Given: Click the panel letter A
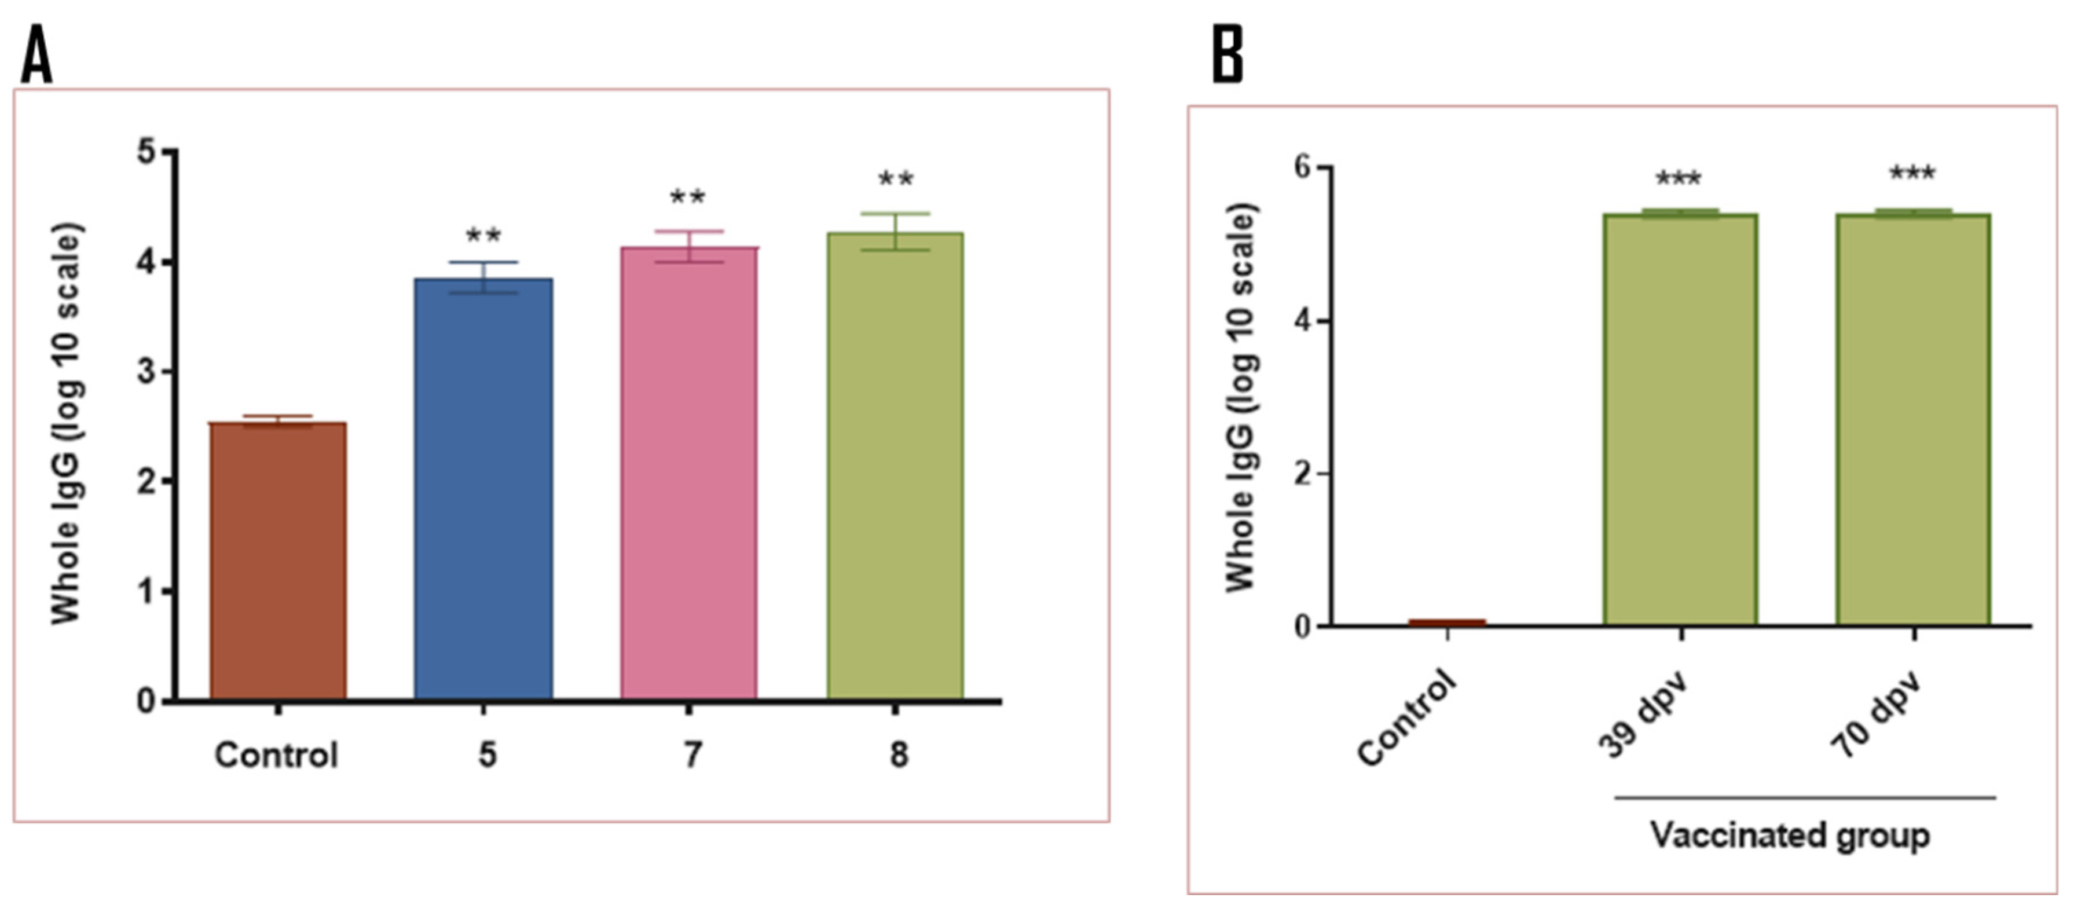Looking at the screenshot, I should (36, 55).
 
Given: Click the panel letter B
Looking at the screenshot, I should (1228, 55).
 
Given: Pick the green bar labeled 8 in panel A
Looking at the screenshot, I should (895, 466).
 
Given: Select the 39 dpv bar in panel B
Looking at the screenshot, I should (1680, 419).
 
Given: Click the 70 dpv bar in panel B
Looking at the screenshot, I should (1913, 419).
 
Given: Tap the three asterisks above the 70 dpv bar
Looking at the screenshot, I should (1912, 174).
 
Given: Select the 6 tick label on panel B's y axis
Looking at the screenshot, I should (1302, 167).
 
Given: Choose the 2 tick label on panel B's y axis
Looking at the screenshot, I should (1302, 473).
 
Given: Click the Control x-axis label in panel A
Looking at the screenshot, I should (276, 755).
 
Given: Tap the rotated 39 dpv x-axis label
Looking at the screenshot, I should (1643, 716).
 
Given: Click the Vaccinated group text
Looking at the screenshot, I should (1791, 835).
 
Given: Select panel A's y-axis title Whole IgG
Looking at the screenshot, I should (67, 423).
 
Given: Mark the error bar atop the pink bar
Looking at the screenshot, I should (688, 246).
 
